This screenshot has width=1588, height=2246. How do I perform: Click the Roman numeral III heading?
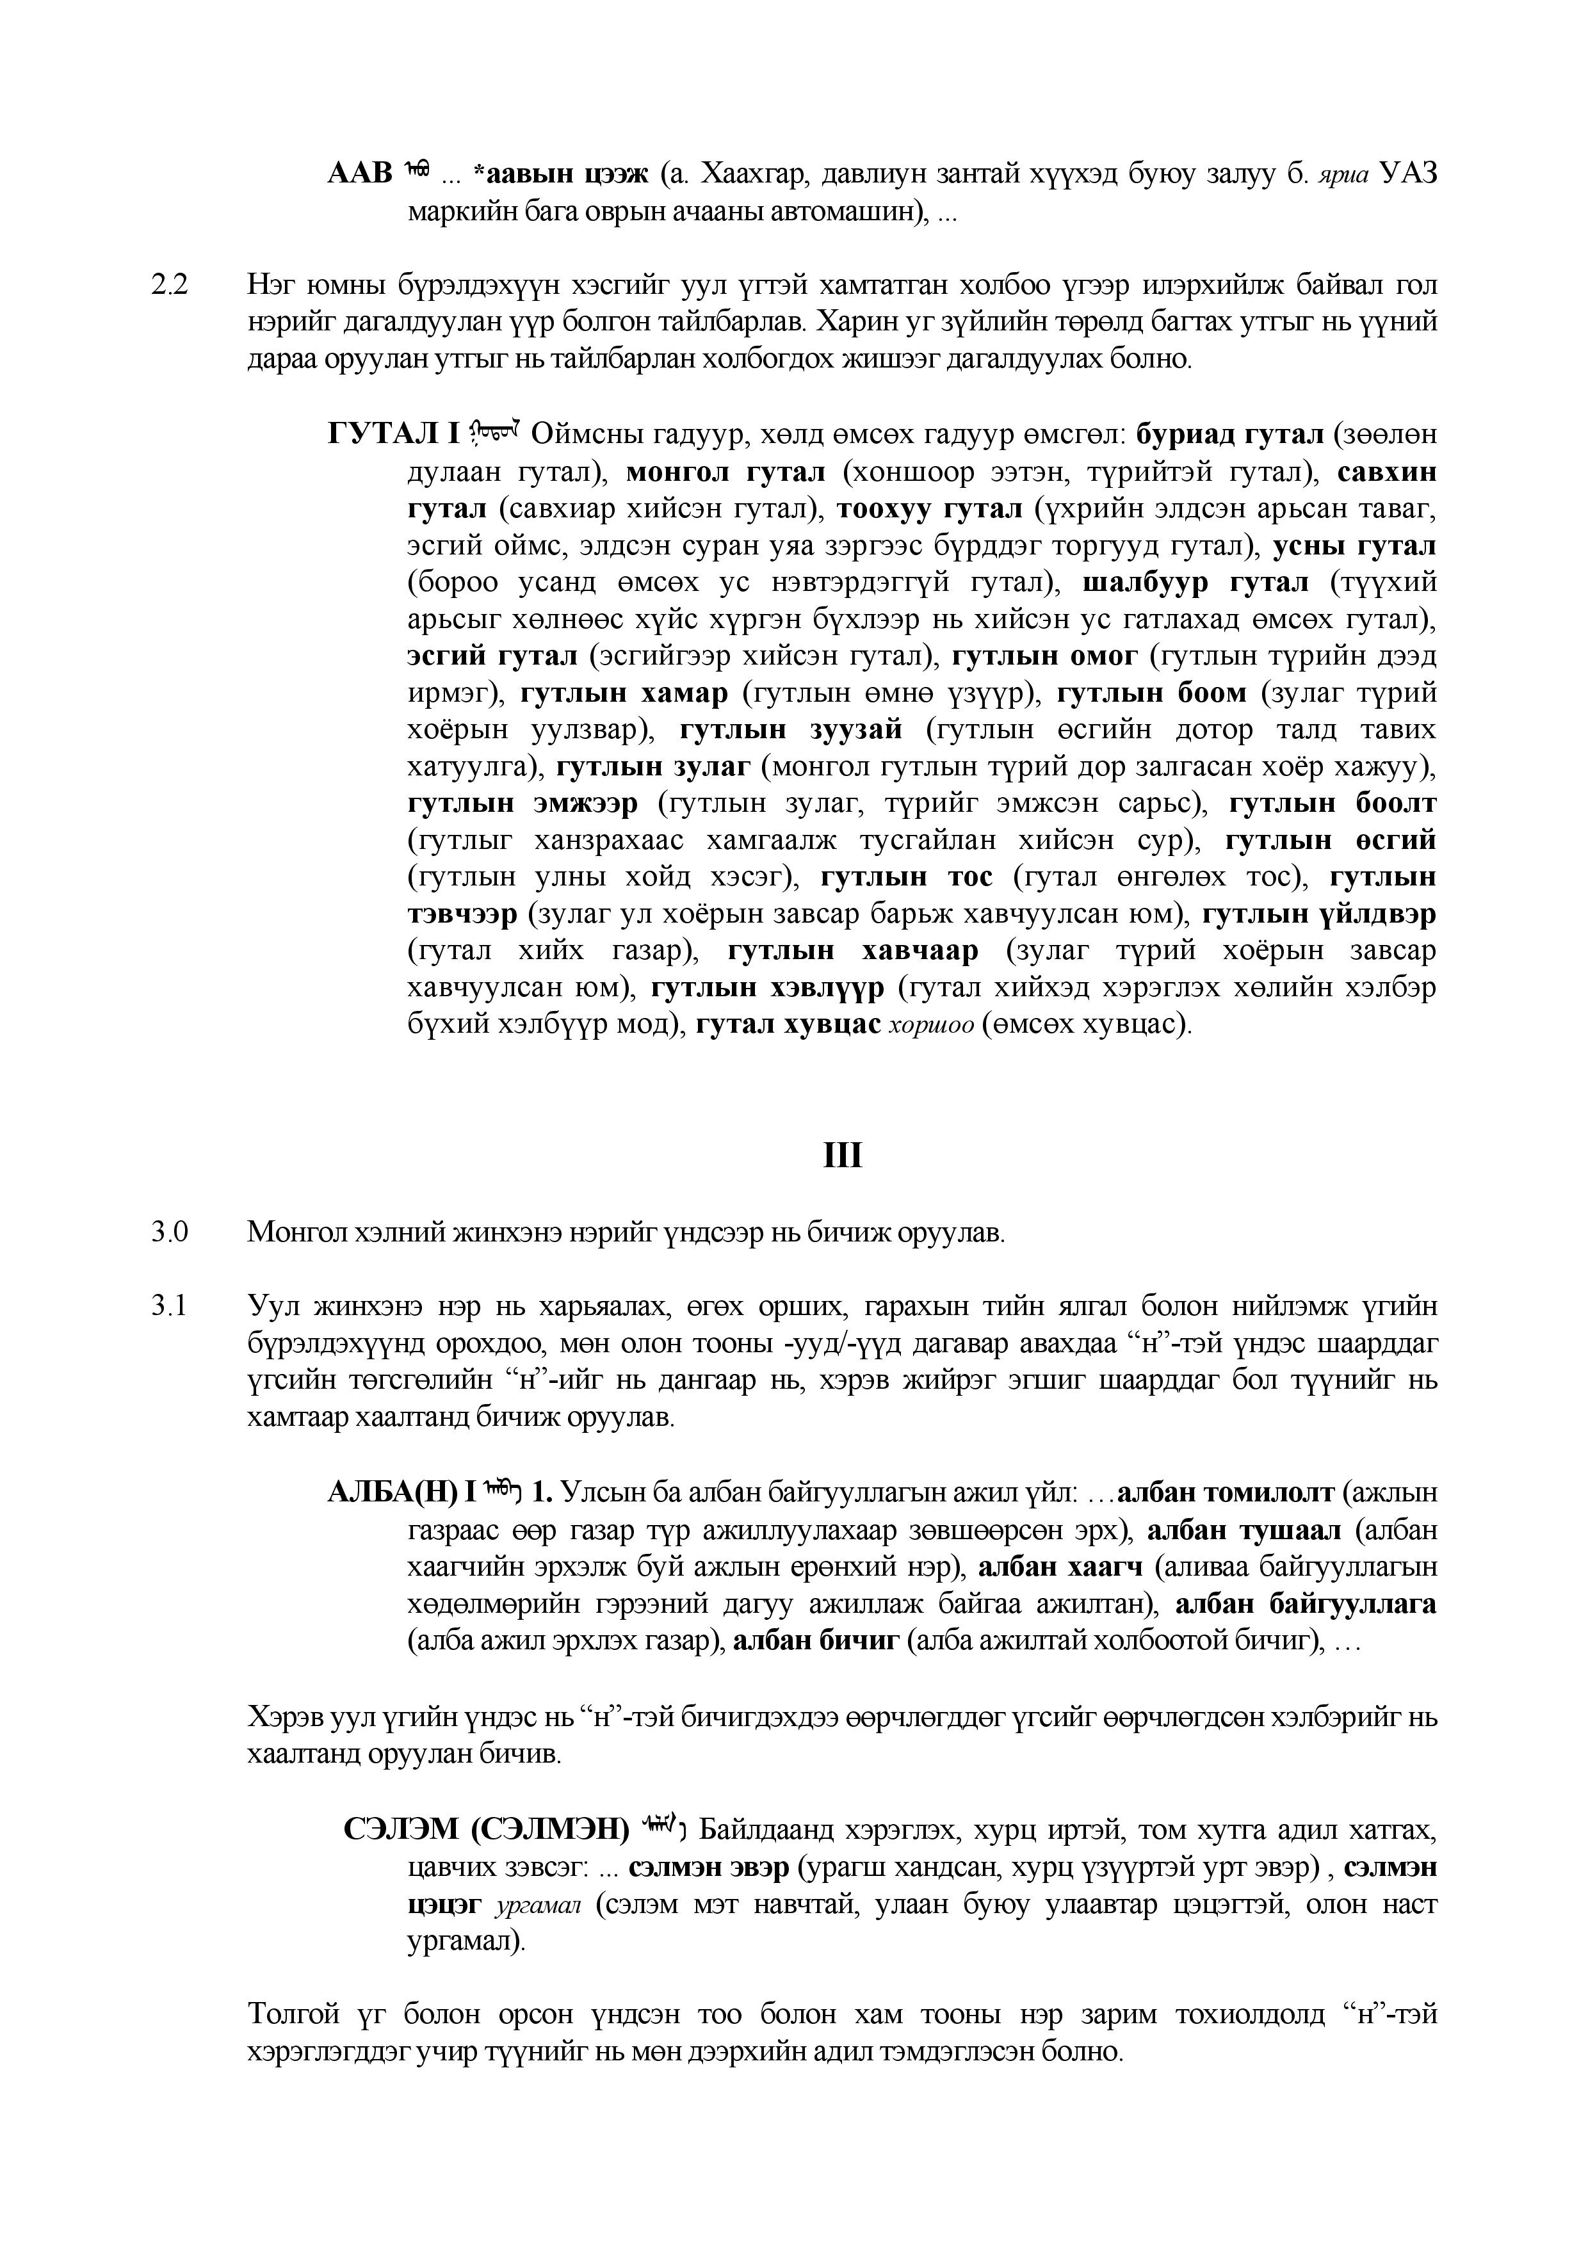coord(843,1156)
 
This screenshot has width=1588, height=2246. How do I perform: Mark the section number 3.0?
coord(168,1232)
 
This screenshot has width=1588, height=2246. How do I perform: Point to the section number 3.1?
coord(168,1307)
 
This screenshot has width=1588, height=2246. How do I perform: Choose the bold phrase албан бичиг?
coord(816,1640)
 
